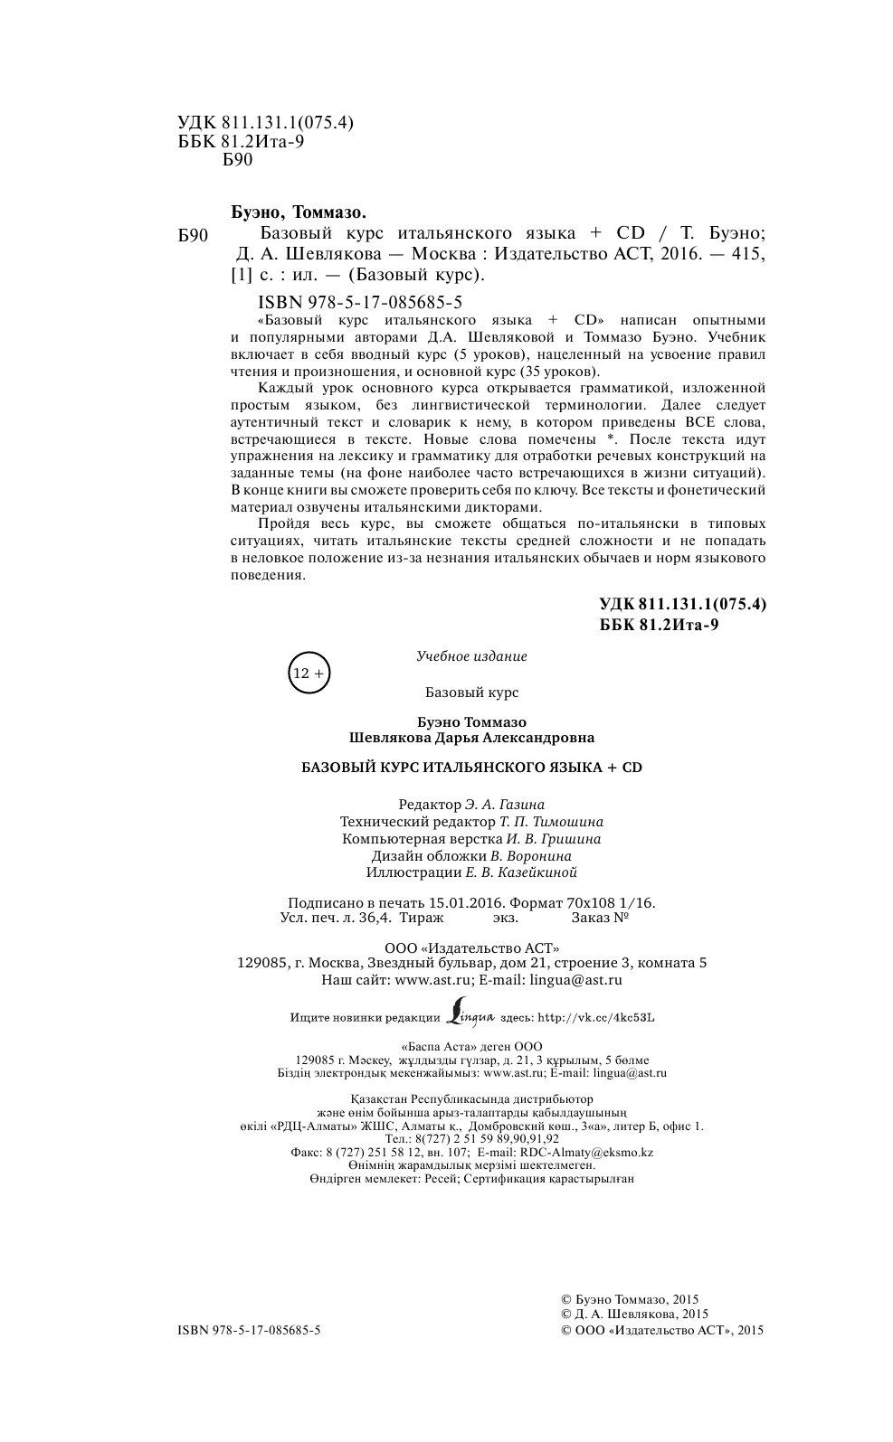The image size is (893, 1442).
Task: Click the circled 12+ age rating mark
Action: pos(309,673)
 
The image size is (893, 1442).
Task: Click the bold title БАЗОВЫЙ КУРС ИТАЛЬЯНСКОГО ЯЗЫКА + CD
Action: pos(470,767)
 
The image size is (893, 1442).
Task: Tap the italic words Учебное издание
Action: pos(471,656)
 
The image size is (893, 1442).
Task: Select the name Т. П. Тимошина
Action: pos(551,822)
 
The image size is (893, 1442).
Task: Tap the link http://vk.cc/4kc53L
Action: pos(596,1017)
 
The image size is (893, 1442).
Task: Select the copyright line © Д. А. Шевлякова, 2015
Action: pos(635,1314)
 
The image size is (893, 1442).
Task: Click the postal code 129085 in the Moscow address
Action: pos(261,963)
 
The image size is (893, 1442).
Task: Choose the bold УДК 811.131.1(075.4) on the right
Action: pos(683,605)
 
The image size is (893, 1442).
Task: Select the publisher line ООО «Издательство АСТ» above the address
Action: pos(471,947)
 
